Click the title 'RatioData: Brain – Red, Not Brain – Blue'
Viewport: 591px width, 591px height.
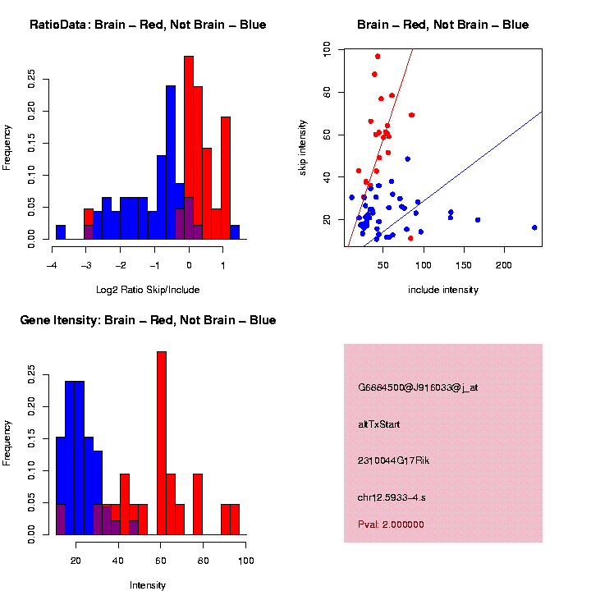tap(148, 25)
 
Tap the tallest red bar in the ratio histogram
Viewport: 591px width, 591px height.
tap(189, 148)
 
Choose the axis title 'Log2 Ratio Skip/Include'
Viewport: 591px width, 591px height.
tap(148, 290)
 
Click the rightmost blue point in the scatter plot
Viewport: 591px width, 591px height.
tap(534, 227)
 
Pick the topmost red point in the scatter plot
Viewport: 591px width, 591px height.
tap(377, 57)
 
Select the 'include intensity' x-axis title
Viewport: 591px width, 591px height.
tap(443, 290)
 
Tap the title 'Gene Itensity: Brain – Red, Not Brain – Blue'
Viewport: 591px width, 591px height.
tap(148, 320)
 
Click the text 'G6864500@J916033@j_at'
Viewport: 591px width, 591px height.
tap(418, 387)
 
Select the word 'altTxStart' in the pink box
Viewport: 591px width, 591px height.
tap(379, 424)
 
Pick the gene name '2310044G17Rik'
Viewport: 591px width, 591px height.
tap(394, 460)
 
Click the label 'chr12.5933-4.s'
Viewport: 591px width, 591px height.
tap(392, 497)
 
